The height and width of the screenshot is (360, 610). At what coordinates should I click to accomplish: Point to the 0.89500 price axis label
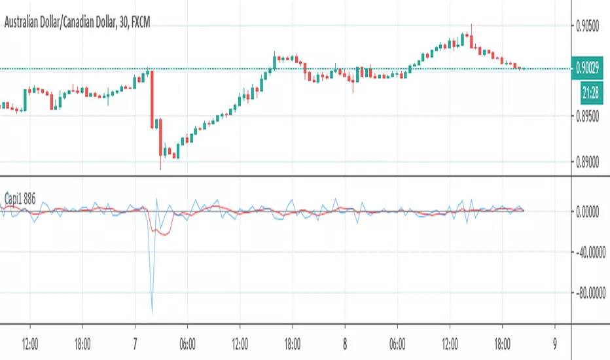pyautogui.click(x=588, y=117)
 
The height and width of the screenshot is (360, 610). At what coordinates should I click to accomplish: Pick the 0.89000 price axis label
pyautogui.click(x=588, y=162)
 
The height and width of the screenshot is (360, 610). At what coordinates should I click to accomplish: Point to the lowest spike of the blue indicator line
pyautogui.click(x=152, y=312)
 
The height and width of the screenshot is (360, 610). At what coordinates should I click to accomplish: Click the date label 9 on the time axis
pyautogui.click(x=555, y=341)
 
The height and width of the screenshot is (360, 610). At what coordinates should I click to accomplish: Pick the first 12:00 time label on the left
pyautogui.click(x=30, y=341)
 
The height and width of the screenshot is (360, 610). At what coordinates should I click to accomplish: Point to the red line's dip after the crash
pyautogui.click(x=163, y=233)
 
